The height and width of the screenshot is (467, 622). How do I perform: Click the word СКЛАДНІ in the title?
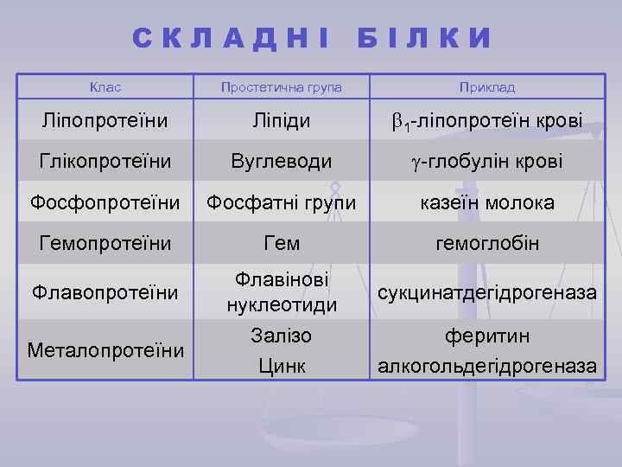pos(232,39)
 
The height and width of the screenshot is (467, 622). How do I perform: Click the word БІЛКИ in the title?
pos(424,39)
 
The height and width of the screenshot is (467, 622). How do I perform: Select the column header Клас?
pos(105,87)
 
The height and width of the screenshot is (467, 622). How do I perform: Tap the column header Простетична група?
pos(282,87)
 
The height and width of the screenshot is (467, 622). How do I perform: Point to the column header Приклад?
pos(487,87)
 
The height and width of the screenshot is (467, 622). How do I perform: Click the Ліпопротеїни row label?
pos(105,120)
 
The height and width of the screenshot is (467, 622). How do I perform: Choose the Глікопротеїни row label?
pos(105,161)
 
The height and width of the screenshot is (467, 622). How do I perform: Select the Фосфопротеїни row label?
pos(105,203)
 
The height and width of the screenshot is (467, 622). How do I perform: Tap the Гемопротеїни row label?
pos(105,244)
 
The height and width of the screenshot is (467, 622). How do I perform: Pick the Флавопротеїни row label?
pos(105,292)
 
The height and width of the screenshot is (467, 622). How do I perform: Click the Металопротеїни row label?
pos(105,350)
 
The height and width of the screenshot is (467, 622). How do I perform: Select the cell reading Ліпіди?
pos(282,120)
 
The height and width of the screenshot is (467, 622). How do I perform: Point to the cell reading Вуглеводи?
pos(282,161)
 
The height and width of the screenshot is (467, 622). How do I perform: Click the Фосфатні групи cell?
pos(282,203)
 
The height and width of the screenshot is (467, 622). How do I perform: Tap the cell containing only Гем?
pos(282,244)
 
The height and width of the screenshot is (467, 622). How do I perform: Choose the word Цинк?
pos(282,366)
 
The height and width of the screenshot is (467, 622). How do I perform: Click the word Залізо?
pos(282,336)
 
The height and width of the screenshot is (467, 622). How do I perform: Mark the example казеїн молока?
pos(487,203)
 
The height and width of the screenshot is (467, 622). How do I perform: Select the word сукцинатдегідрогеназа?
pos(487,292)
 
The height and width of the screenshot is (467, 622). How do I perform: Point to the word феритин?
pos(487,336)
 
